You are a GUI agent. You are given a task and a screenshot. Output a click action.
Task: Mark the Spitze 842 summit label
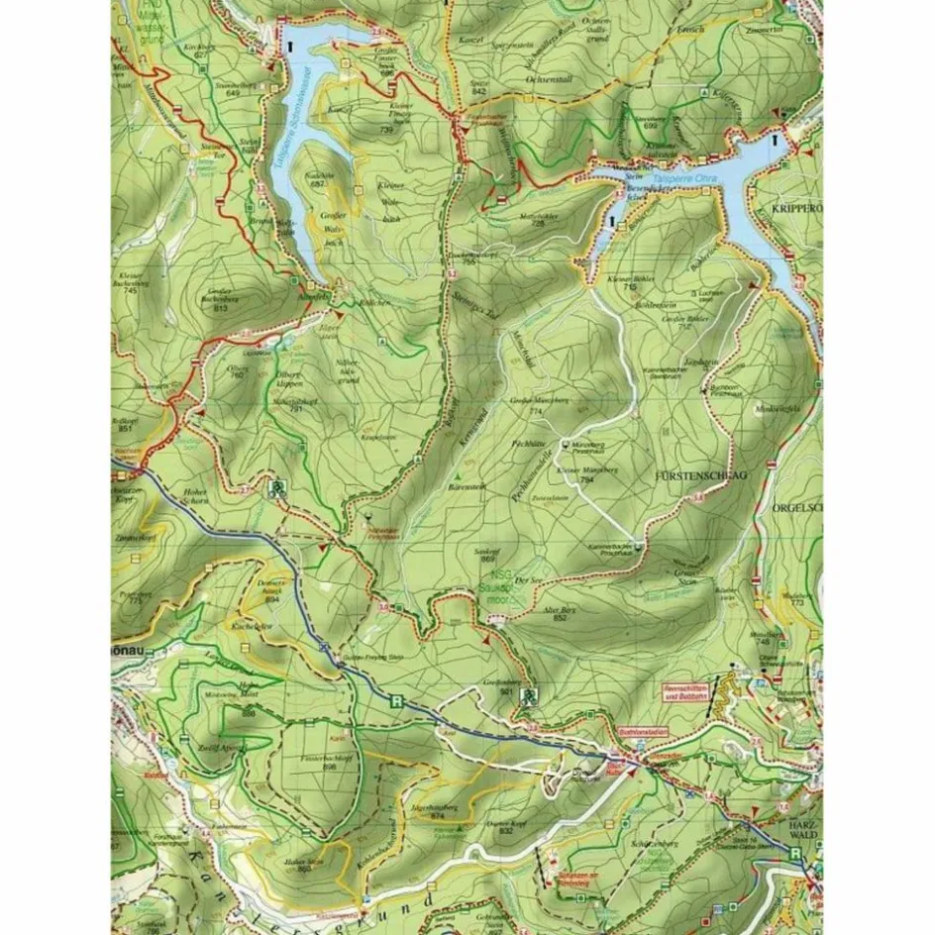pyautogui.click(x=480, y=87)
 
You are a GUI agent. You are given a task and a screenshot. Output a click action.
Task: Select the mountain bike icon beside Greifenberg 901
pyautogui.click(x=530, y=695)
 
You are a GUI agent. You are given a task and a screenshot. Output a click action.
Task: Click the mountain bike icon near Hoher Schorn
pyautogui.click(x=280, y=486)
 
